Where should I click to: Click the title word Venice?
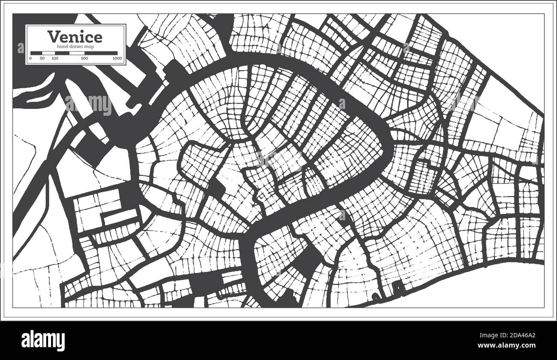coord(75,36)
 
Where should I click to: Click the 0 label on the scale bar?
coord(30,58)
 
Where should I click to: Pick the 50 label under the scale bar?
coord(42,58)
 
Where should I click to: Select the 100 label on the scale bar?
coord(54,58)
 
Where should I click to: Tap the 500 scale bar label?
coord(84,58)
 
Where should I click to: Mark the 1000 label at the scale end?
coord(117,58)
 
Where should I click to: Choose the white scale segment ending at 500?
coord(69,53)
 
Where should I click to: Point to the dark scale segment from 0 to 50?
coord(36,53)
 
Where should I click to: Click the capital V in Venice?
coord(53,36)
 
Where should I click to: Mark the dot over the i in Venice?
coord(84,31)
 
